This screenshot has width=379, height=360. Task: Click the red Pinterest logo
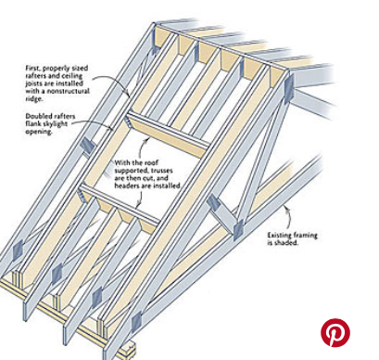coord(335,332)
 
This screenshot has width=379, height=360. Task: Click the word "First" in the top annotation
coord(32,68)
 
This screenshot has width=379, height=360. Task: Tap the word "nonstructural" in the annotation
coord(71,91)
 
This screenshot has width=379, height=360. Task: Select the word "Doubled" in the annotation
coord(37,116)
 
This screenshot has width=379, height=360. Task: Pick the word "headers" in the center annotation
coord(126,186)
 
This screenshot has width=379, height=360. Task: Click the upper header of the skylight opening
coord(169,135)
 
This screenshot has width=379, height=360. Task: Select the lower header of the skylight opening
coord(120,202)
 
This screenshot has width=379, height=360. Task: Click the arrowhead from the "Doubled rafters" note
coord(112,128)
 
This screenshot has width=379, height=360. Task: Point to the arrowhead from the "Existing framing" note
coord(287,208)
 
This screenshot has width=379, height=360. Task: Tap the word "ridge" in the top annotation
coord(33,99)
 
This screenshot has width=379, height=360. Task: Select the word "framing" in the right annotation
coord(305,236)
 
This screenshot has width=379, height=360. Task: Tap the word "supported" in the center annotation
coord(131,171)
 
